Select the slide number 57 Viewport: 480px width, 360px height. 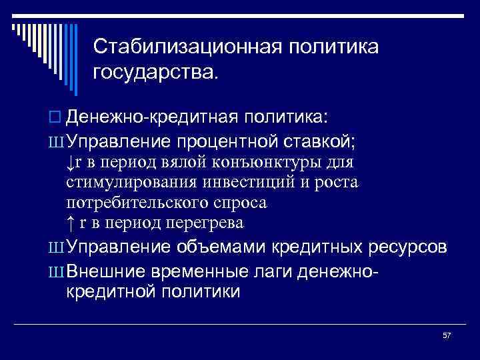click(x=447, y=335)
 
